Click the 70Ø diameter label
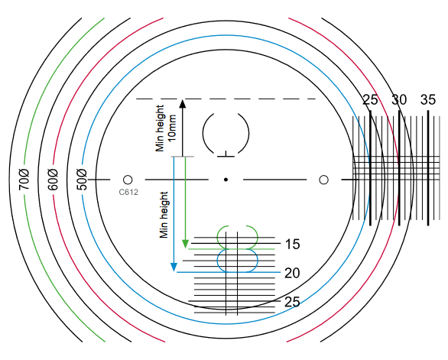click(x=24, y=180)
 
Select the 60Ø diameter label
click(x=54, y=180)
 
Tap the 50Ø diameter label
click(x=82, y=180)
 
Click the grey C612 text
click(x=128, y=193)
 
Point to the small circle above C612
click(x=128, y=180)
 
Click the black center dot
click(x=226, y=180)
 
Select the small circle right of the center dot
click(x=323, y=180)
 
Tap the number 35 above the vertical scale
click(x=428, y=100)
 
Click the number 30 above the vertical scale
click(x=399, y=100)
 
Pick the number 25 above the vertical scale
click(x=370, y=100)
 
